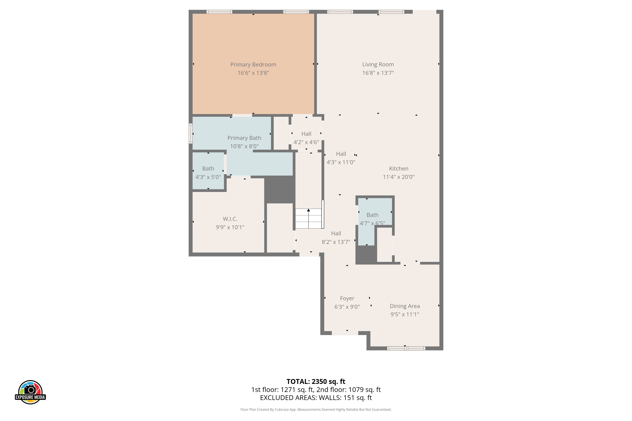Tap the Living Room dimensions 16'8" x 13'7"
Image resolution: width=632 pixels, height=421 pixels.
coord(378,73)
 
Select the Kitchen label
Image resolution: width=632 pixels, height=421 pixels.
coord(398,169)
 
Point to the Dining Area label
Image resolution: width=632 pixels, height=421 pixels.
coord(405,306)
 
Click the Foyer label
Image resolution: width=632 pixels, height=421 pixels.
coord(347,298)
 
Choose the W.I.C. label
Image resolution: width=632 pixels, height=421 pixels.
coord(230,219)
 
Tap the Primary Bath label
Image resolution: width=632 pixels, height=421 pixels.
coord(244,138)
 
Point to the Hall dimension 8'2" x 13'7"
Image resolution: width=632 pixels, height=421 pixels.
coord(336,242)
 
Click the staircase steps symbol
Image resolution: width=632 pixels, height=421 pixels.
coord(308,218)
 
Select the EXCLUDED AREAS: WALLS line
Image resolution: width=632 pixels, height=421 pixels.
coord(316,398)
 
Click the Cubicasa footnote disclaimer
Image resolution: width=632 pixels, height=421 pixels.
coord(316,409)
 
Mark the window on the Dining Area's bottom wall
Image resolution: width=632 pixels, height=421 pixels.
coord(406,348)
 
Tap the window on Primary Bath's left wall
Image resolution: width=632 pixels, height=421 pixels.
coord(191,133)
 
